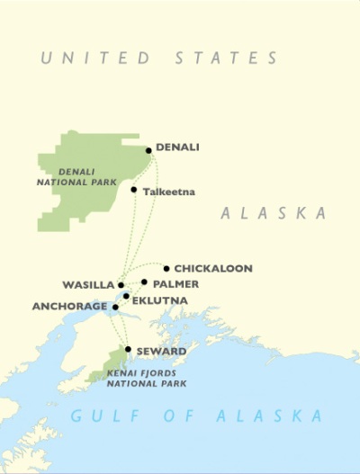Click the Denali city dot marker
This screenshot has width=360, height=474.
[149, 149]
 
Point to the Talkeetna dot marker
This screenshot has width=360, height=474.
[134, 190]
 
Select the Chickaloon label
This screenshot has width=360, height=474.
[213, 268]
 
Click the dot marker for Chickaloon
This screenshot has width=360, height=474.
[166, 268]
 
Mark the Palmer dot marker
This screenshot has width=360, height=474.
[144, 282]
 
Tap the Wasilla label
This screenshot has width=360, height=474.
[88, 285]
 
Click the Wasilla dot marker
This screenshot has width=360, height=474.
[121, 285]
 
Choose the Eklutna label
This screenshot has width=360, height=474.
[159, 300]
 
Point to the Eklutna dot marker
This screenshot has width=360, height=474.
[126, 297]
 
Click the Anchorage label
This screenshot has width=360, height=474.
[70, 306]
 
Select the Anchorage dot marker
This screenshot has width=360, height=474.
[115, 307]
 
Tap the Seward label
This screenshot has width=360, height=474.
[161, 351]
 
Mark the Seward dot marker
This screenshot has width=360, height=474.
[129, 349]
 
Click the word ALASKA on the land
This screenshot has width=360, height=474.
[273, 213]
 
